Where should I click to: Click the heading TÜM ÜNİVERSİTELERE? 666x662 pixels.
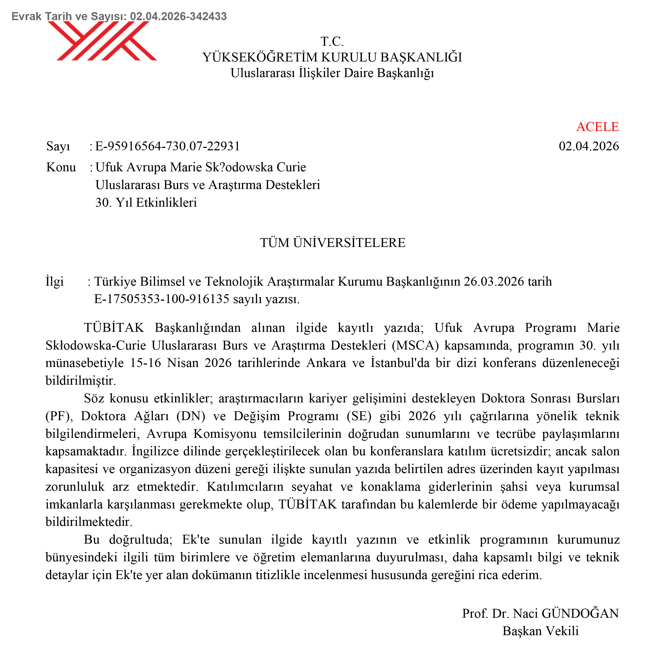333,243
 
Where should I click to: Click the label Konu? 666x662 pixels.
61,168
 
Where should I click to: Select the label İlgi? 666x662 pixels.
55,282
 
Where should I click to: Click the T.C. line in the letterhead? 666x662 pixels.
332,42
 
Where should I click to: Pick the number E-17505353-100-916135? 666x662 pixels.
162,299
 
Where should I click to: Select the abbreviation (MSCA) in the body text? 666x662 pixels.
415,345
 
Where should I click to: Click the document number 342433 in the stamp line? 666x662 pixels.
208,16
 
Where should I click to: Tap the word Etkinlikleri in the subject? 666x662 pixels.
166,203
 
